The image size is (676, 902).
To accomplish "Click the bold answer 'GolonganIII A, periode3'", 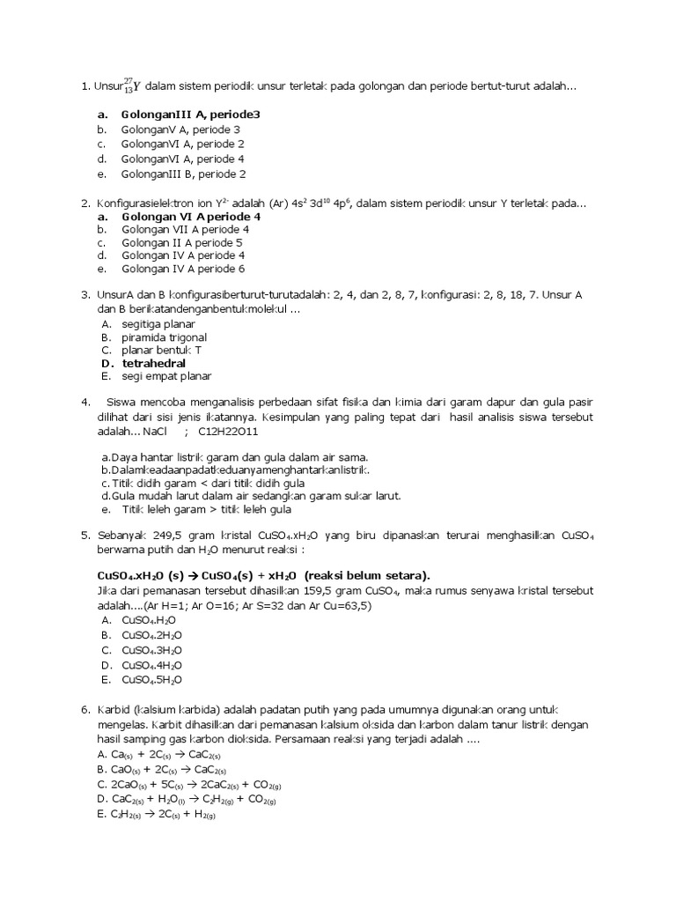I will tap(190, 115).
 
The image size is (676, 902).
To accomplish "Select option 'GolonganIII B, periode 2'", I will tap(183, 174).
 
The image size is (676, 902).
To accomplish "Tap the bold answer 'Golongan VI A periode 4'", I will tap(190, 216).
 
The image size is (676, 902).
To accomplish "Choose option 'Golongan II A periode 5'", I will tap(181, 242).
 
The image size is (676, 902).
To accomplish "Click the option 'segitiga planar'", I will tap(158, 324).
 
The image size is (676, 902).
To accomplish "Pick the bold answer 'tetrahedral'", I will tap(154, 363).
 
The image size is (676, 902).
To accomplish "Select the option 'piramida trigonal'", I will tap(165, 337).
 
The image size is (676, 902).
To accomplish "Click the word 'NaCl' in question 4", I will tap(154, 433).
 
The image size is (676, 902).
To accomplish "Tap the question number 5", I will tap(84, 535).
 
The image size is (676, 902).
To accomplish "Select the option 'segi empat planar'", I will tap(166, 376).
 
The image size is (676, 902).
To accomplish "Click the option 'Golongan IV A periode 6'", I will tap(183, 269).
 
